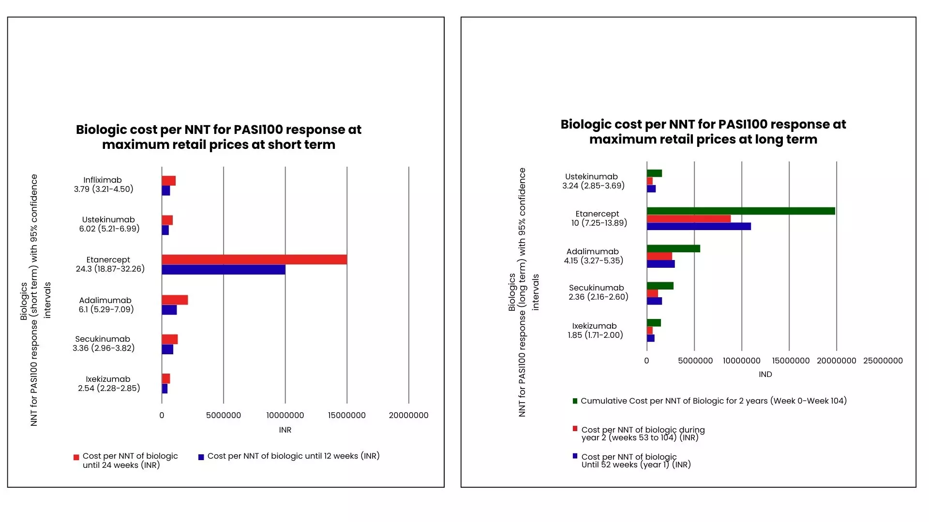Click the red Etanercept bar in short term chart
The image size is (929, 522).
254,260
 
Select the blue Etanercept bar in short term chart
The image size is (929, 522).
223,270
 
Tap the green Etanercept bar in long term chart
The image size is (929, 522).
740,211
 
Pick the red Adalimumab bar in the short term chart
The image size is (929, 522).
175,300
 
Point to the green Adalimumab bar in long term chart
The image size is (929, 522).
673,248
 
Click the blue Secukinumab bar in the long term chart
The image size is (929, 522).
654,301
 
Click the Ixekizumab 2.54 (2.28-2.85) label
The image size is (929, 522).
109,384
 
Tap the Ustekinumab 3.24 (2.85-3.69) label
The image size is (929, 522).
593,181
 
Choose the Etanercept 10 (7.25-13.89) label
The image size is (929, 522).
599,218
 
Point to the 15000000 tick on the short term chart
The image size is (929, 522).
346,415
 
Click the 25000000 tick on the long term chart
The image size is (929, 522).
883,361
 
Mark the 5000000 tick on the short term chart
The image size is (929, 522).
223,415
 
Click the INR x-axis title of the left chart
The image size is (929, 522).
285,430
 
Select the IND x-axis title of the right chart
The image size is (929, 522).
765,374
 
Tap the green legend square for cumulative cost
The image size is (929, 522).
575,401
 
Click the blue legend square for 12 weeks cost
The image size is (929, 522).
201,457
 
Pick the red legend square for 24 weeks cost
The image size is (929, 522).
76,457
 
